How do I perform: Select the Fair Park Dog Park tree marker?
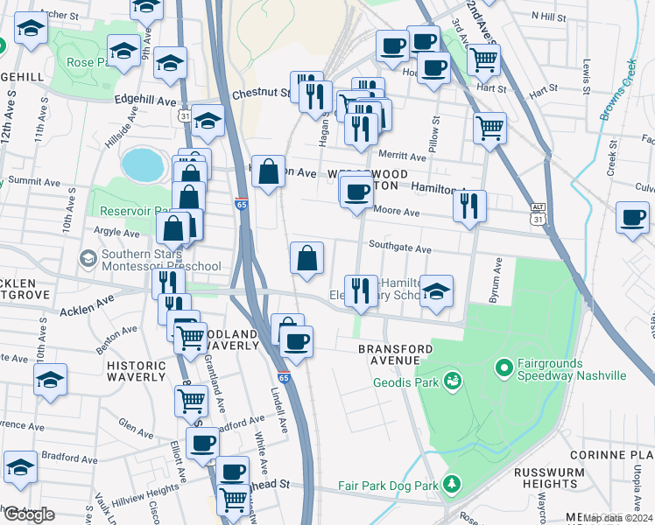451,484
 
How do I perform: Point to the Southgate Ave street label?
399,248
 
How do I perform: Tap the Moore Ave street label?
397,211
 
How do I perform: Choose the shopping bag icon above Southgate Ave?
306,259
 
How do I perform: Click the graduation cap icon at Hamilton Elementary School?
435,291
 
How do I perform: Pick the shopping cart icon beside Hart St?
483,60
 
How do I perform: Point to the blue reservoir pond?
143,163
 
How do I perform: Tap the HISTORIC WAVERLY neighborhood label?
136,371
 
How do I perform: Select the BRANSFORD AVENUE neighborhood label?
395,354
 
